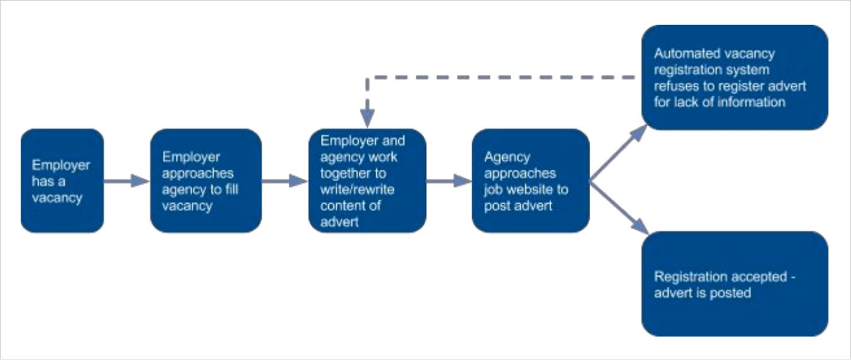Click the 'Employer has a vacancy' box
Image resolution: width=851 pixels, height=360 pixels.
click(x=62, y=181)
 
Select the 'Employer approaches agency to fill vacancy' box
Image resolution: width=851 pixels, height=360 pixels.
click(x=205, y=181)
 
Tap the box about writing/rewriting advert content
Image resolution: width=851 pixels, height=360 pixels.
click(x=367, y=181)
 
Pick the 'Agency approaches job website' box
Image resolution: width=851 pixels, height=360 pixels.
click(x=530, y=181)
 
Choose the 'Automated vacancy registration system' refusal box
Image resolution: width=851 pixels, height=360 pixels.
click(x=734, y=77)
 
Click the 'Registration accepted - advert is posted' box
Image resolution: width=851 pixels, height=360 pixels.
click(x=734, y=283)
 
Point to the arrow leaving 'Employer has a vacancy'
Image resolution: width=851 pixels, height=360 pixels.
click(x=126, y=181)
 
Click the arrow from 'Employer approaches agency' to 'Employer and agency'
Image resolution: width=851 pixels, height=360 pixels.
click(x=284, y=181)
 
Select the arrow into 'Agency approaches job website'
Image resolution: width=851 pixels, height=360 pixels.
click(x=449, y=181)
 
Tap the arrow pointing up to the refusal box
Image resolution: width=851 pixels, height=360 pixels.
click(x=619, y=153)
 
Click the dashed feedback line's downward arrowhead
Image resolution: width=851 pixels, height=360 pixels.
click(x=367, y=119)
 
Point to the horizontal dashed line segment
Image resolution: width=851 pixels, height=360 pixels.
click(x=498, y=78)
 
